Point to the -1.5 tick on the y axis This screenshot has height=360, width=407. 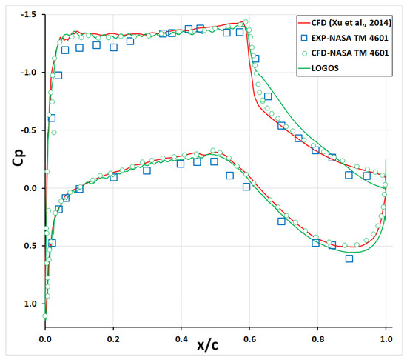[27, 14]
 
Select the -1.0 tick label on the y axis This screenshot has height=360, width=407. [27, 73]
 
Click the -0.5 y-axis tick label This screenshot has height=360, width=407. [27, 130]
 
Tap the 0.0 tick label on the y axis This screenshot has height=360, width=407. [30, 188]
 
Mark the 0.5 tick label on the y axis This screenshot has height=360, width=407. [30, 247]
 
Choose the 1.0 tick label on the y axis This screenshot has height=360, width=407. [30, 304]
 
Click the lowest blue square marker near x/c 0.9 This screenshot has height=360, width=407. [349, 259]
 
